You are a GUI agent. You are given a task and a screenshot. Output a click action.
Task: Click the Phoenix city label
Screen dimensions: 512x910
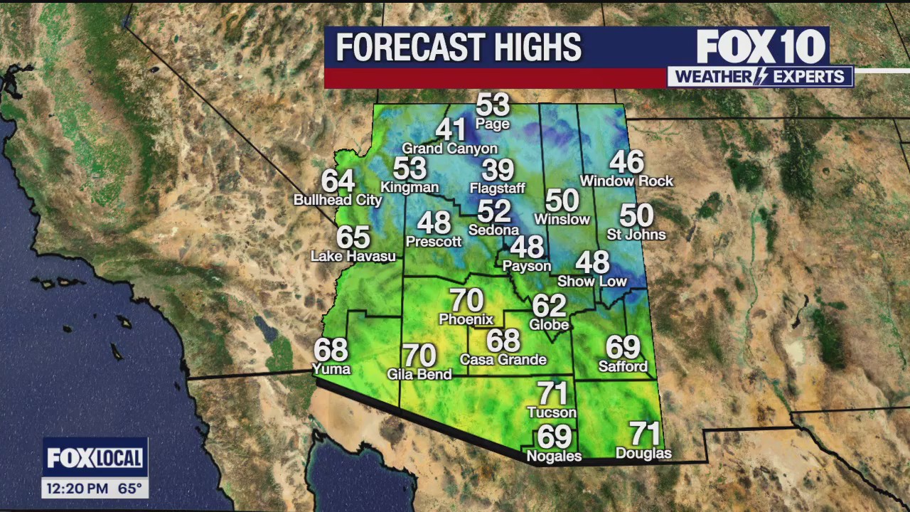tap(466, 319)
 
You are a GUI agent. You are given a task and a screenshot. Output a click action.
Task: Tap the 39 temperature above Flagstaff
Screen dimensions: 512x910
tap(498, 171)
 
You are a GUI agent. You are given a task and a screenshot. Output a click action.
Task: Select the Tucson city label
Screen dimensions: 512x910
tap(552, 412)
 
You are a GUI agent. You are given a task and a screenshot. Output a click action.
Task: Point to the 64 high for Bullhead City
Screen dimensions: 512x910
tap(338, 181)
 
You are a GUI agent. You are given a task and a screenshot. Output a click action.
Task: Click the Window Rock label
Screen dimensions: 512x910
tap(626, 181)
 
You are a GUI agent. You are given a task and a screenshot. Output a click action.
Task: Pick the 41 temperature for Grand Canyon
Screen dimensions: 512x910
tap(450, 130)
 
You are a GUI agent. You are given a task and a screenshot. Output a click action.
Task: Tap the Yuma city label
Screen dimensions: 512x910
tap(331, 369)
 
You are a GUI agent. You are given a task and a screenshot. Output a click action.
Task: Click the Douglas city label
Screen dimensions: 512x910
tap(643, 454)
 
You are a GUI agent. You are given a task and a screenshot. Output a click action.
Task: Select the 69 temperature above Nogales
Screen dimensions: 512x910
tap(555, 436)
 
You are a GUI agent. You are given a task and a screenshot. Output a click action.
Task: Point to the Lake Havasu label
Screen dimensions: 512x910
tap(353, 256)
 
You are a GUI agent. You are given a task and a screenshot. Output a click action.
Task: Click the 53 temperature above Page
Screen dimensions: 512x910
tap(493, 105)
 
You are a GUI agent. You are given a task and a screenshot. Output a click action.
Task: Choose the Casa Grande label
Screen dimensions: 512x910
tap(503, 360)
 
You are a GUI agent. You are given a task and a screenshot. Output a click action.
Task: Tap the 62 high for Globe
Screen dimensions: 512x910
tap(549, 306)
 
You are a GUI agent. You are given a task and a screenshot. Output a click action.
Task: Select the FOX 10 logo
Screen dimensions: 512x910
tap(761, 47)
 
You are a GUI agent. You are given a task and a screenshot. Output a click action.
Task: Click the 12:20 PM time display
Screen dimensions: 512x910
tap(77, 489)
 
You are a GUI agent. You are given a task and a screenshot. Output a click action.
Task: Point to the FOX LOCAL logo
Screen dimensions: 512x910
tap(95, 458)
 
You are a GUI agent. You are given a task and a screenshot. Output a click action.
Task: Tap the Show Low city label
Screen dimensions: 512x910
tap(592, 282)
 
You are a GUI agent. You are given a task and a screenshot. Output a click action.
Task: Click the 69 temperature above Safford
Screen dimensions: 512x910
tap(623, 348)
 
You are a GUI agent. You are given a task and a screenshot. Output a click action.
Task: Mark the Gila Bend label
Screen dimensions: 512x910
tap(419, 374)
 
